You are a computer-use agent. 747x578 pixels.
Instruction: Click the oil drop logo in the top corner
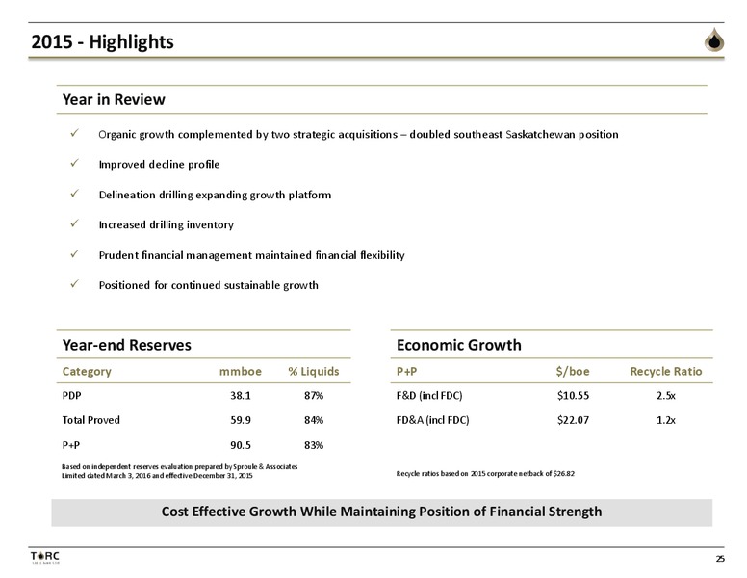(714, 39)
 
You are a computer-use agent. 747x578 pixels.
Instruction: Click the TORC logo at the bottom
(45, 558)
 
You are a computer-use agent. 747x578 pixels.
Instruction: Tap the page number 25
(720, 559)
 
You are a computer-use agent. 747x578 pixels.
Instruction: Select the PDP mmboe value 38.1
(240, 395)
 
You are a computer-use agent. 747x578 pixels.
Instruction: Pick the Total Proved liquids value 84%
(314, 420)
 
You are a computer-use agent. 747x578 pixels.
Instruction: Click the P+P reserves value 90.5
(240, 445)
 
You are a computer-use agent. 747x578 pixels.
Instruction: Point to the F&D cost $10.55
(573, 395)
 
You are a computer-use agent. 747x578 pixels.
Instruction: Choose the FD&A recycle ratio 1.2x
(665, 420)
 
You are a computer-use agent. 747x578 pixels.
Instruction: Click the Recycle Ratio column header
(665, 371)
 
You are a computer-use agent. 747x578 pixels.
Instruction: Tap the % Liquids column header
(314, 371)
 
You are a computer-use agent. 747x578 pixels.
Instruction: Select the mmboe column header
(240, 372)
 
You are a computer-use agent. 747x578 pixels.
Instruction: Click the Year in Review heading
(114, 99)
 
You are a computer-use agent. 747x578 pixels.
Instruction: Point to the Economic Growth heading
(459, 345)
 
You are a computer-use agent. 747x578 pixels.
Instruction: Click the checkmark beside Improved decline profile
(74, 163)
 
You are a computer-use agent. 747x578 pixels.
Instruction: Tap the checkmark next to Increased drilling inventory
(74, 223)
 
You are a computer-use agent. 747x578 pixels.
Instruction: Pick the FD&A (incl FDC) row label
(432, 420)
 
